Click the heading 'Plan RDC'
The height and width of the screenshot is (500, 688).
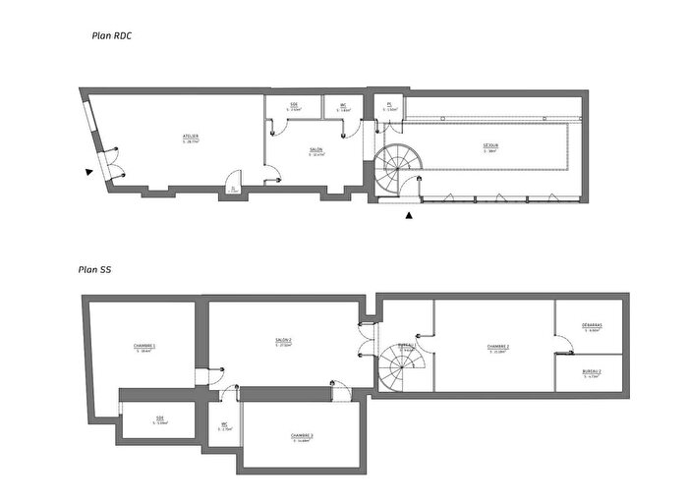pos(111,36)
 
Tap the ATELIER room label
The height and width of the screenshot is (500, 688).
pos(191,138)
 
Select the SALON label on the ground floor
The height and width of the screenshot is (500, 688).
pos(316,150)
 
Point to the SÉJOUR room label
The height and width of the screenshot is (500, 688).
pos(489,147)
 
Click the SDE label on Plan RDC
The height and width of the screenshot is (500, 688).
pos(294,106)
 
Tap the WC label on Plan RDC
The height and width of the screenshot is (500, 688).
pos(344,106)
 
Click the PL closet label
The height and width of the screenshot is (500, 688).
pos(390,105)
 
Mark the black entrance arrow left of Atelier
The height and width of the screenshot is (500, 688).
pos(89,172)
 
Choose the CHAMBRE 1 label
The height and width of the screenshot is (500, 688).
pos(144,348)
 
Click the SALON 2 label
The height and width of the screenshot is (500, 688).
pos(284,342)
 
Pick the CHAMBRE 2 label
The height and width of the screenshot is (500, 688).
pos(498,348)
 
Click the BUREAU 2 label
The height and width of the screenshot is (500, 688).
pos(592,372)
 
